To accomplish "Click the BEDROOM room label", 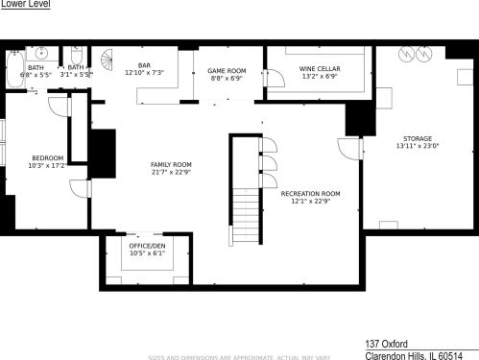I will [48, 157].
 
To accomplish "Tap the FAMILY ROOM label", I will [170, 164].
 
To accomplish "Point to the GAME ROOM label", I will [228, 70].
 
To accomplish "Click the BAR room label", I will [145, 65].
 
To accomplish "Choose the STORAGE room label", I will [416, 138].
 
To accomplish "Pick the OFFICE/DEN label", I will [147, 246].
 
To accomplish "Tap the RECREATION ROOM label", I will [310, 193].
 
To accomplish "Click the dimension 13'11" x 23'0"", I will [416, 147].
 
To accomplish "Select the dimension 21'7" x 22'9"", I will [170, 173].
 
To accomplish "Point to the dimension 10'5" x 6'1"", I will [147, 253].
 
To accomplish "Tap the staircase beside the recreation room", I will [248, 202].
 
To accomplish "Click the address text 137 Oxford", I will [387, 342].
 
